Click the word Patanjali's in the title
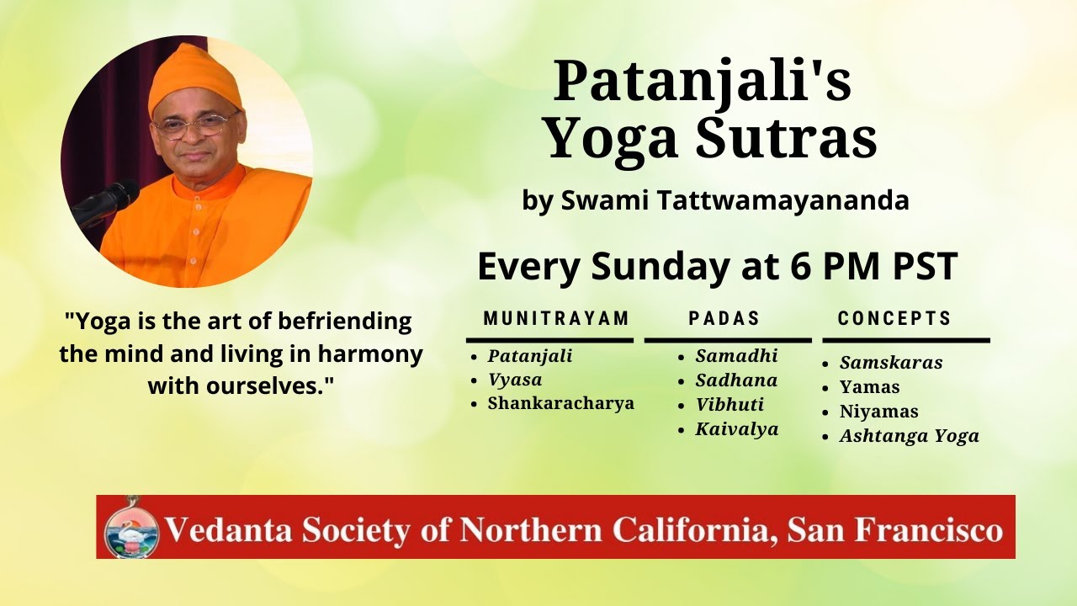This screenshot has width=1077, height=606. [x=702, y=82]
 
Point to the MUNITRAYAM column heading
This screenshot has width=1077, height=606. [x=556, y=318]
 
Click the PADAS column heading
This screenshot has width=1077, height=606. [x=724, y=318]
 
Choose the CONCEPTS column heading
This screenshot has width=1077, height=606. [x=894, y=318]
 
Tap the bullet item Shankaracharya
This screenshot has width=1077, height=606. [x=560, y=403]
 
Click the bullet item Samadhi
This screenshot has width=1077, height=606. [x=736, y=356]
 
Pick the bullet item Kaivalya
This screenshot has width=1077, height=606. [x=736, y=429]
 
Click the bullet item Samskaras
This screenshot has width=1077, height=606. [x=891, y=363]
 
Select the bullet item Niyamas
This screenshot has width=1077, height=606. [x=878, y=412]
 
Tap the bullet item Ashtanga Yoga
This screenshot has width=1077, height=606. [x=909, y=436]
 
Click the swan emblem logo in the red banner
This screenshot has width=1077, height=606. [x=131, y=528]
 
